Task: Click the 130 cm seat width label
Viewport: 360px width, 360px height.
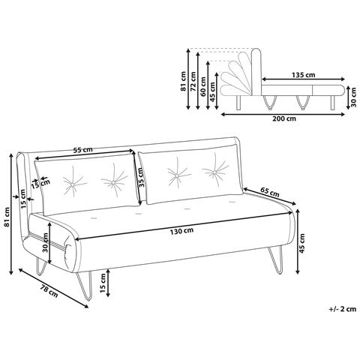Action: point(181,231)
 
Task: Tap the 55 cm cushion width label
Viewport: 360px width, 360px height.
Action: point(82,150)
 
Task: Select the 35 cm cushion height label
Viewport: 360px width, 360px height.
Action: point(141,178)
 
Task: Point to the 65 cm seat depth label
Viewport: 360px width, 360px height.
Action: point(270,192)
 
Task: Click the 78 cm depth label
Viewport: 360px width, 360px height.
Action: point(49,291)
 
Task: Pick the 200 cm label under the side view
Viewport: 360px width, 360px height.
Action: point(284,118)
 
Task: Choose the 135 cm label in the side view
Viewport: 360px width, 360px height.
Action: point(303,74)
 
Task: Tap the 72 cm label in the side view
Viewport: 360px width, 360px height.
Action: point(193,81)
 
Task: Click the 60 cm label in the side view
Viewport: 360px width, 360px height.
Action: point(202,86)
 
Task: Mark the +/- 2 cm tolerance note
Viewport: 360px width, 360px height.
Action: point(343,309)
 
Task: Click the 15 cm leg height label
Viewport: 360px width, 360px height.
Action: point(103,283)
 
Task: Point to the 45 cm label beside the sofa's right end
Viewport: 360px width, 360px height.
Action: point(302,243)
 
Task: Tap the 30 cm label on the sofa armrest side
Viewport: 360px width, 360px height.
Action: point(46,243)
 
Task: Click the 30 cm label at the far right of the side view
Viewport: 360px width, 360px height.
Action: point(353,97)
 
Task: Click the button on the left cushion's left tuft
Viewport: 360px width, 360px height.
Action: point(72,184)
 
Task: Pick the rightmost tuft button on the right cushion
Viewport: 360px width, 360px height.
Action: point(214,172)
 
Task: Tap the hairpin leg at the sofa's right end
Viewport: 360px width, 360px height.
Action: point(275,260)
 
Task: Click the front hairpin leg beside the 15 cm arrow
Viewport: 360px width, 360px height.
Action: point(85,286)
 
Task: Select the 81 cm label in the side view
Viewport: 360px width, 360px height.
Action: point(183,81)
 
